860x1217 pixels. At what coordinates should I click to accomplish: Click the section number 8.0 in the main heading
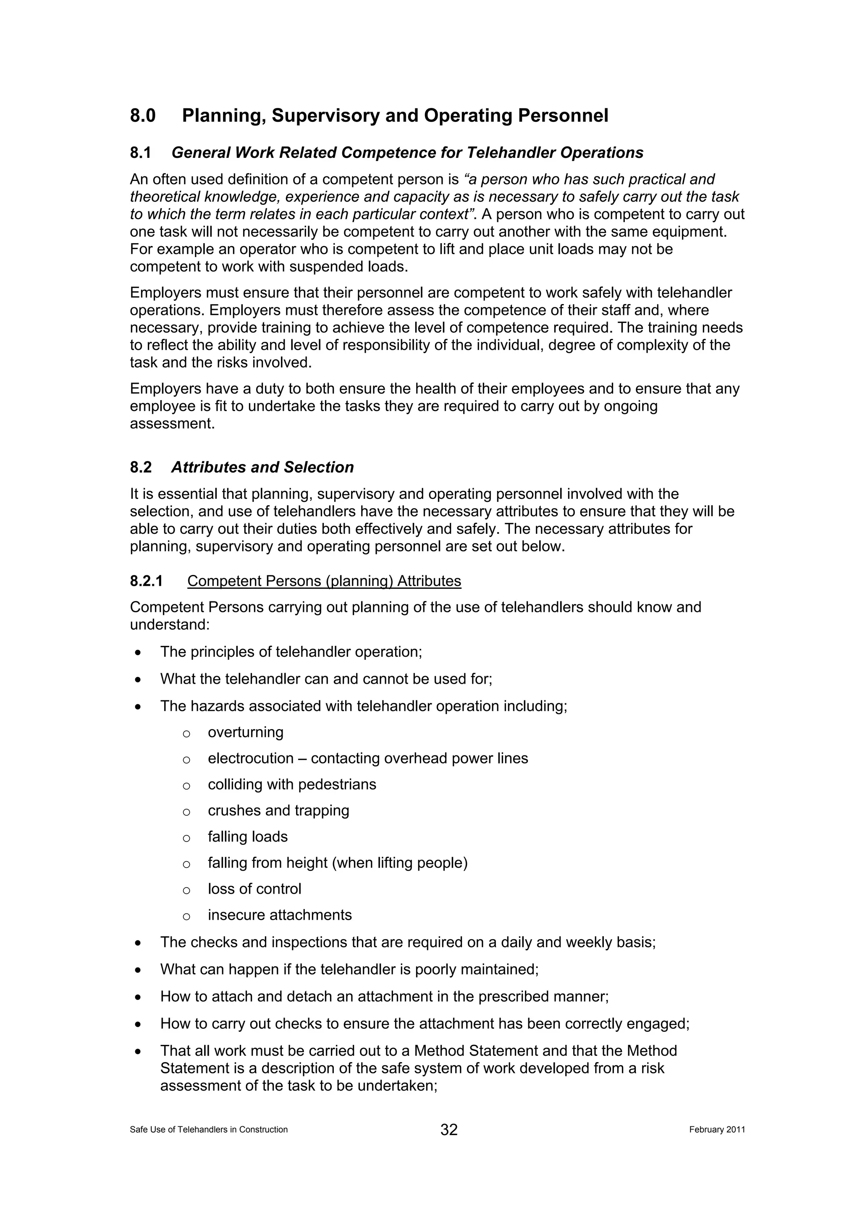point(142,115)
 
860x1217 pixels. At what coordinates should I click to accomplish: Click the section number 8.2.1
point(146,581)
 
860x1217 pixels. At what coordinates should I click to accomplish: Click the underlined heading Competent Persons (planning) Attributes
point(324,581)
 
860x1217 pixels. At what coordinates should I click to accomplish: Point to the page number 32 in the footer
point(449,1130)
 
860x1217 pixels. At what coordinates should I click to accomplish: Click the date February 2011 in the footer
point(717,1130)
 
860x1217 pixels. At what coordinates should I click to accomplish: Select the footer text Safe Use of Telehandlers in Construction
point(209,1130)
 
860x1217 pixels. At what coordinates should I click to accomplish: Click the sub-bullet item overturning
point(245,732)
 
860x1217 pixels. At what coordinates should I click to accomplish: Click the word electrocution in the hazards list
point(251,758)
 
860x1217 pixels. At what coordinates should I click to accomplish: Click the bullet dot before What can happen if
point(138,970)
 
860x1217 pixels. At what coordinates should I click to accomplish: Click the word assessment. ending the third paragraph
point(173,423)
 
